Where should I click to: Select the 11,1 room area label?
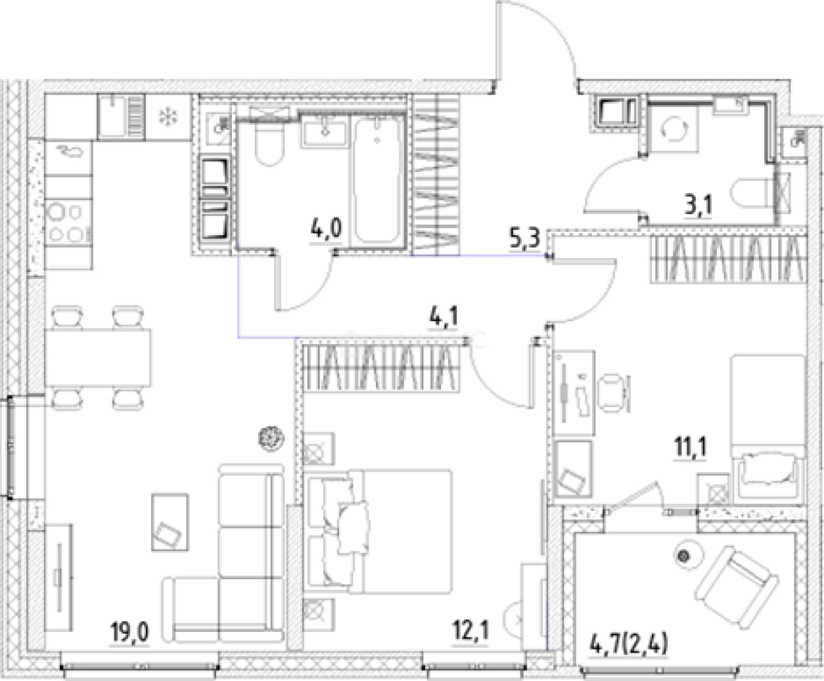tap(689, 448)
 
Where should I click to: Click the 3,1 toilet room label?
tap(698, 206)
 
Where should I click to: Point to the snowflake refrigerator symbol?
tap(168, 117)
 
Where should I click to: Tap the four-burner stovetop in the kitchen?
tap(68, 223)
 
